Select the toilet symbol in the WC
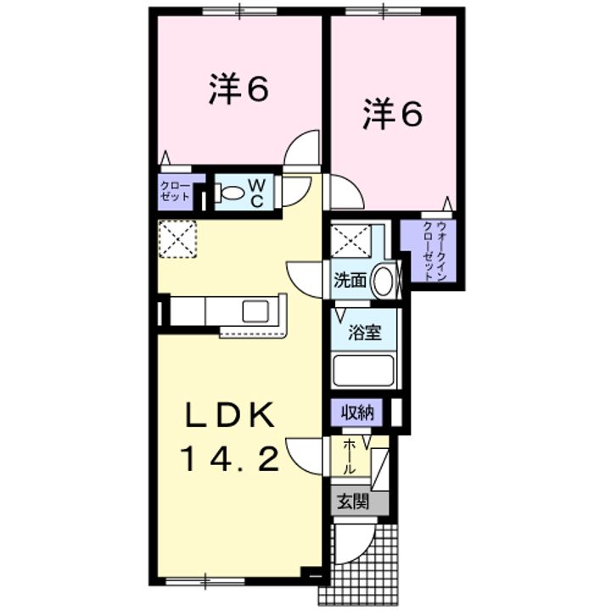[230, 193]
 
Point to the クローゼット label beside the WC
[175, 191]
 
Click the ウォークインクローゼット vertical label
[434, 250]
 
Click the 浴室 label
[365, 333]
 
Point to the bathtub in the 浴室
[363, 369]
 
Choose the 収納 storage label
[357, 412]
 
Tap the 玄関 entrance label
[353, 502]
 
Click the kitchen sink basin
[255, 311]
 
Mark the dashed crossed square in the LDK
[177, 238]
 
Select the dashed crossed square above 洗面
[350, 240]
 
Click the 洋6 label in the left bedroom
[238, 89]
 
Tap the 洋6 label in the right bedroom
[392, 114]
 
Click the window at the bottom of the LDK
[205, 581]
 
